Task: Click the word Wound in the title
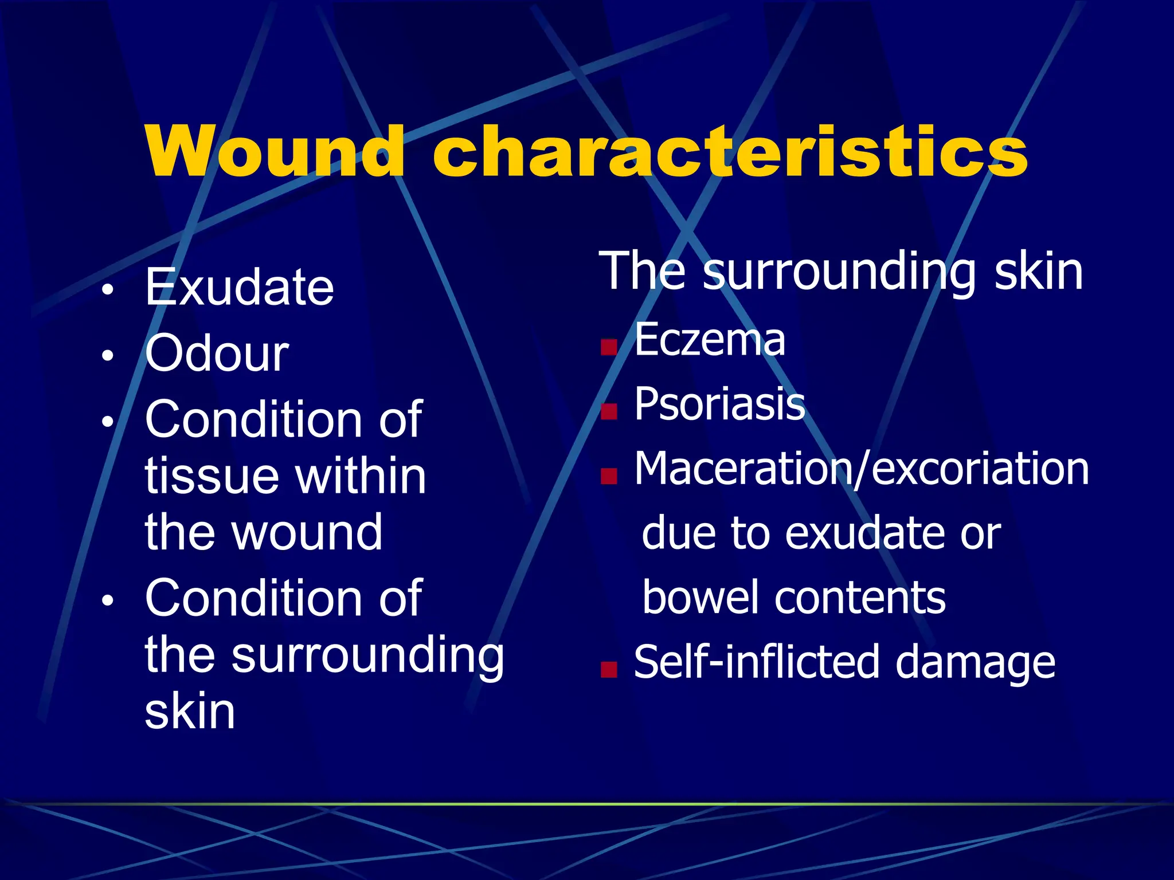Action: (275, 152)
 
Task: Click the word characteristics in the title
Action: (730, 152)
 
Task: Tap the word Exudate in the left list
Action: (239, 288)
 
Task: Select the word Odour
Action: (217, 354)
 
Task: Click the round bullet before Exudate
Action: (107, 290)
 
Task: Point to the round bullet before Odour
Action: (107, 356)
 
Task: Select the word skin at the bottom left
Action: (190, 711)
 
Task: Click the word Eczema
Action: (710, 340)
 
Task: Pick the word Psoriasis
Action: (719, 404)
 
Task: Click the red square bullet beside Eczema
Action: (609, 347)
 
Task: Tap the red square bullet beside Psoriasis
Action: (609, 411)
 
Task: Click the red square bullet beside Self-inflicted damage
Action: (609, 669)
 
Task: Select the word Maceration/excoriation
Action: (861, 469)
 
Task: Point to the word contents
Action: (860, 598)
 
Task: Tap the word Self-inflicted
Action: (756, 662)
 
